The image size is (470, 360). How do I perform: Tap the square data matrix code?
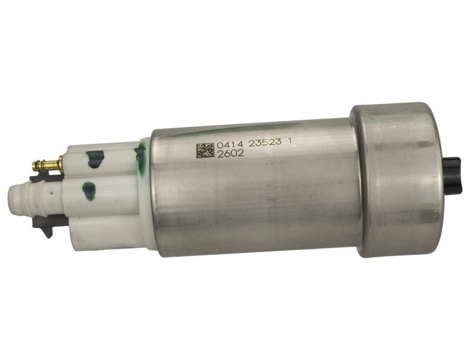[205, 149]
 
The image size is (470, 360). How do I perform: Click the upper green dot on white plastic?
[94, 158]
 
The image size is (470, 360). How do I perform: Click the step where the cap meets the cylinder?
[357, 182]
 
